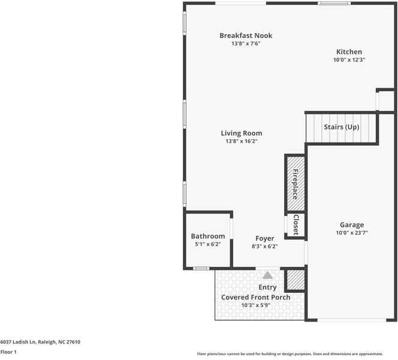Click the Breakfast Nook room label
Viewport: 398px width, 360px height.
click(x=245, y=35)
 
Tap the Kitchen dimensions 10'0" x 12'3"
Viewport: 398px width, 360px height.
click(x=349, y=60)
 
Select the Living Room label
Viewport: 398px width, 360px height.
click(x=241, y=133)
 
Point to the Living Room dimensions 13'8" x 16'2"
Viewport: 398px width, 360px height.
click(x=241, y=142)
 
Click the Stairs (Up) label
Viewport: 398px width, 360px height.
click(x=341, y=127)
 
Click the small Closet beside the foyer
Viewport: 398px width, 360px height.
click(x=296, y=224)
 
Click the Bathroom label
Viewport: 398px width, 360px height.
click(x=208, y=236)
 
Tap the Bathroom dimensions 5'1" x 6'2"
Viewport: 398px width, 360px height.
click(x=208, y=244)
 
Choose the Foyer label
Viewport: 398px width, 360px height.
click(x=264, y=238)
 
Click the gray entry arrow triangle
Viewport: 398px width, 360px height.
click(x=267, y=275)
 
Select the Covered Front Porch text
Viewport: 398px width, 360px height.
click(x=256, y=297)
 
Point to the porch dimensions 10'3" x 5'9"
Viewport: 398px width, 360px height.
click(x=256, y=305)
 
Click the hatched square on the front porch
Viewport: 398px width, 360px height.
click(x=294, y=280)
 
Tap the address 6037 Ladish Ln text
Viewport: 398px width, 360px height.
click(x=40, y=342)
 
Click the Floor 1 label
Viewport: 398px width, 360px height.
click(x=8, y=352)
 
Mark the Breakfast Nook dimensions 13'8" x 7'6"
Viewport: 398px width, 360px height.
click(x=245, y=44)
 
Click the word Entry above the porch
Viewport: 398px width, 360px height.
click(x=267, y=287)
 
